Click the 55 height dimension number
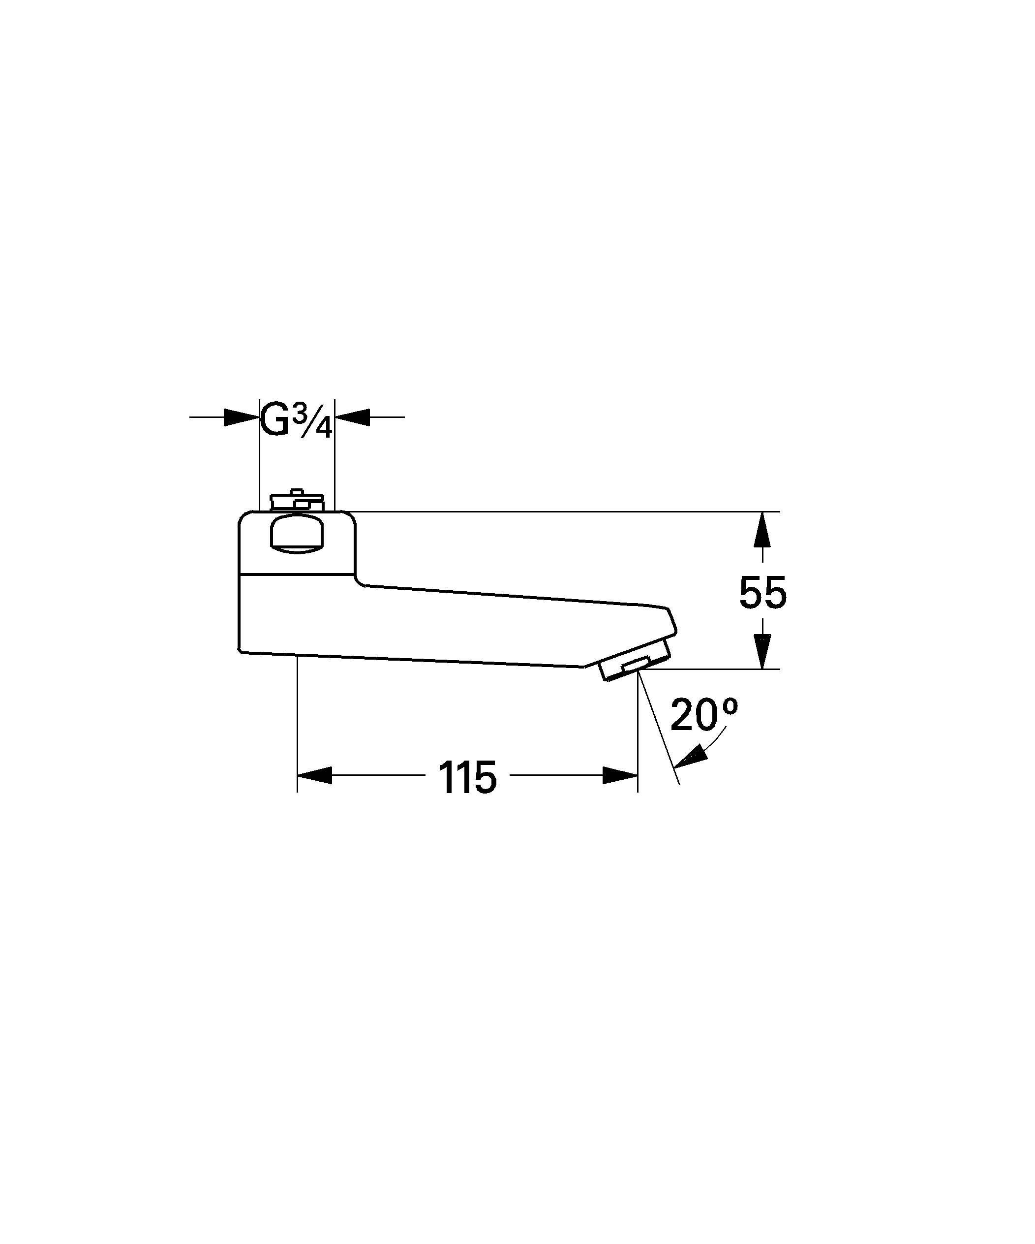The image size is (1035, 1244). tap(762, 592)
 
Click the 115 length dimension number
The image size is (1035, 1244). tap(467, 777)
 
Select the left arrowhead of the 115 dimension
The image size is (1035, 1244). tap(314, 775)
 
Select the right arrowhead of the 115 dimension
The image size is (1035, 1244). tap(620, 775)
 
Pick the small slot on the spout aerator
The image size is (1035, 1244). tap(636, 664)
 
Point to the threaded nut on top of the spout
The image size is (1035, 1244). tap(297, 502)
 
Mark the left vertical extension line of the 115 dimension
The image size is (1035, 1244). tap(297, 723)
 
